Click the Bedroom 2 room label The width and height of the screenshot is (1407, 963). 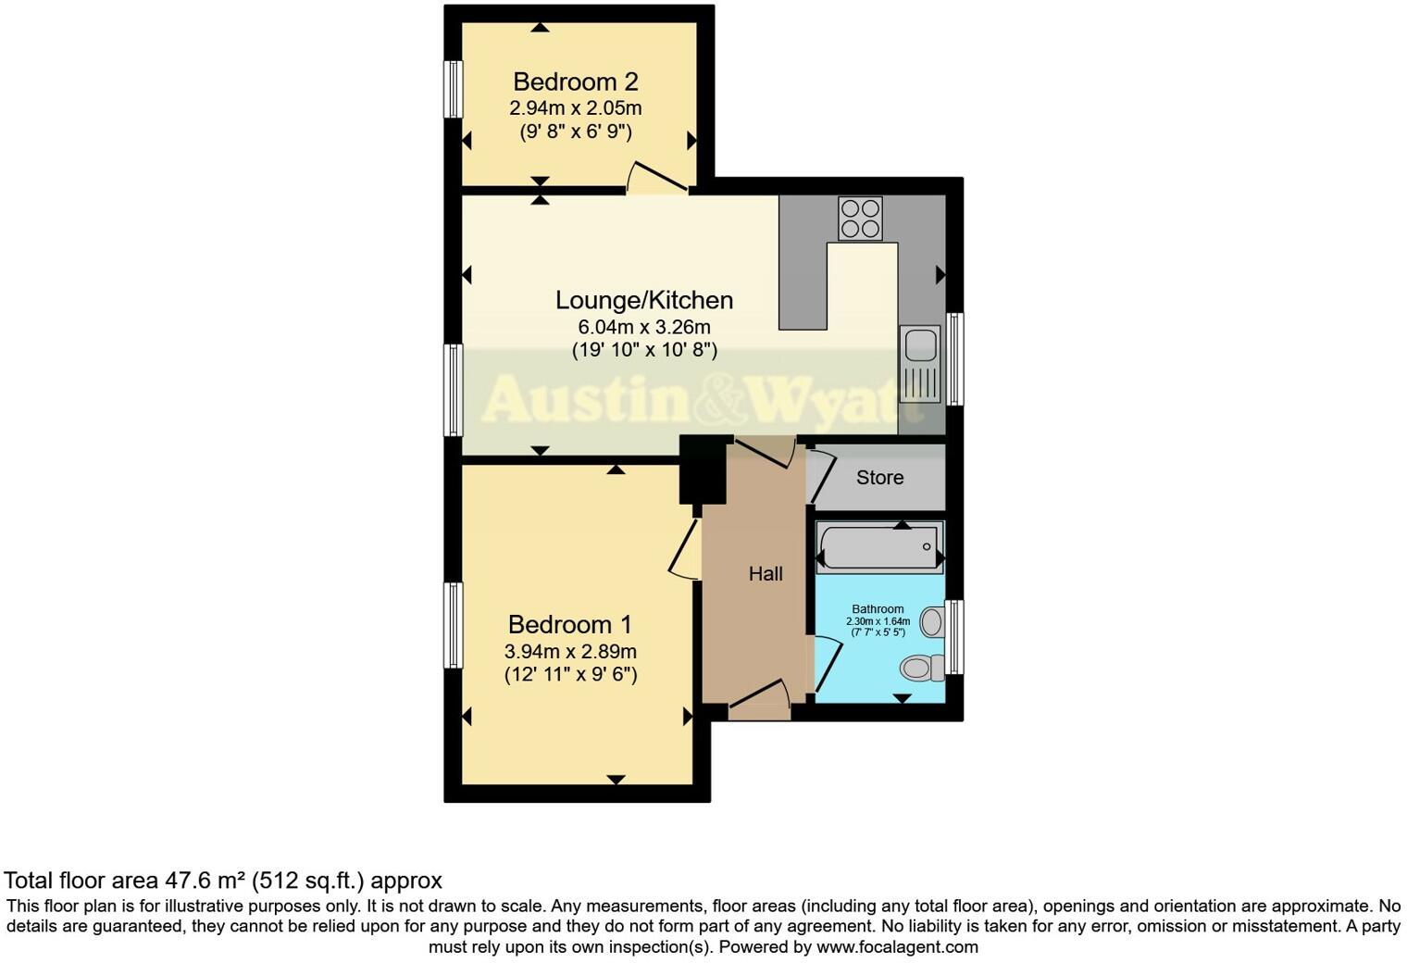coord(575,82)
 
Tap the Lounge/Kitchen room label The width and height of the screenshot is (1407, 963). coord(644,300)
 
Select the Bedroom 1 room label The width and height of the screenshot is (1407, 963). coord(570,625)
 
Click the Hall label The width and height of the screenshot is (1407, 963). coord(766,574)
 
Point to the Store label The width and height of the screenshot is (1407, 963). coord(879,478)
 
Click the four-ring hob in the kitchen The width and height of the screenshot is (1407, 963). coord(860,219)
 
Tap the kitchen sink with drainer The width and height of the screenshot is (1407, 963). coord(920,363)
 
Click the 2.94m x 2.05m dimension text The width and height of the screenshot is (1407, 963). coord(575,108)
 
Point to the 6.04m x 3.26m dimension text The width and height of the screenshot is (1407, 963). coord(644,327)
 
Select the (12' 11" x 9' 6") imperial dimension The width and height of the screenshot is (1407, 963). coord(570,675)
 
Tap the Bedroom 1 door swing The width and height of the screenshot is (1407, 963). coord(684,552)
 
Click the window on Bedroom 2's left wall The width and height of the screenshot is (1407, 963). coord(453,89)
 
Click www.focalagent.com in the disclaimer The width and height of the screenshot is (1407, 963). coord(897,947)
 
